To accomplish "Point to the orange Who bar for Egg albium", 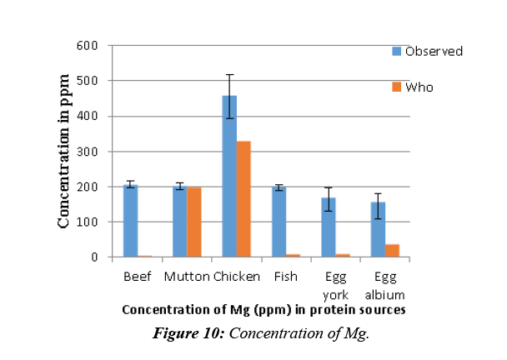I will (x=392, y=251).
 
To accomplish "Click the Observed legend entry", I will (x=427, y=52).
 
